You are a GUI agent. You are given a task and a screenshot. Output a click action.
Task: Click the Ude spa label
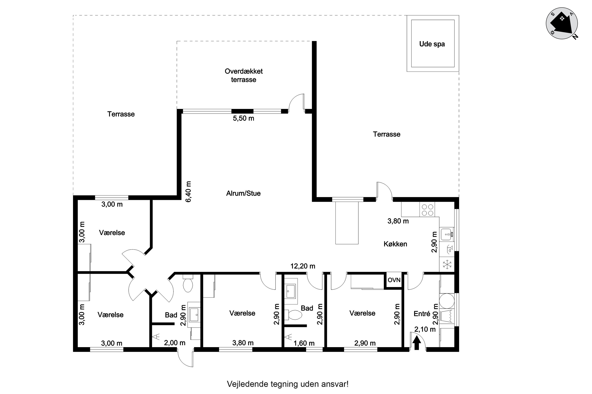coord(432,44)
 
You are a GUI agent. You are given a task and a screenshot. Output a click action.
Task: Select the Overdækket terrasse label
coord(244,75)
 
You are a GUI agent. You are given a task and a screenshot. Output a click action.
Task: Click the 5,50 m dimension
coord(243,118)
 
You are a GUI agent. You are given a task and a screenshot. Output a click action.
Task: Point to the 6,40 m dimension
coord(188,191)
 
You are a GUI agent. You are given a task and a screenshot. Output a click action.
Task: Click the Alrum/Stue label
coord(243,193)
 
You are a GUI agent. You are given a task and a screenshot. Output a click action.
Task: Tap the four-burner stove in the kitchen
coord(427,210)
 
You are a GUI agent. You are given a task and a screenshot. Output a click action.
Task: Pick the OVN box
coord(394,280)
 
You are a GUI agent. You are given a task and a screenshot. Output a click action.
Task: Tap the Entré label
coord(422,314)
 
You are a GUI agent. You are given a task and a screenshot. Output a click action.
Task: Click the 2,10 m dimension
coord(425,329)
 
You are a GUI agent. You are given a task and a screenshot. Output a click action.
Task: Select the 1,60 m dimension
coord(304,343)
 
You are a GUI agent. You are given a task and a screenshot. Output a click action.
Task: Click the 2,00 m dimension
coord(175,343)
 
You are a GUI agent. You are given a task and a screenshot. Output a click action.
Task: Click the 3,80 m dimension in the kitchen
coord(398,221)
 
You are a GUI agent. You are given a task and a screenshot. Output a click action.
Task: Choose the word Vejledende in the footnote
coord(247,384)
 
